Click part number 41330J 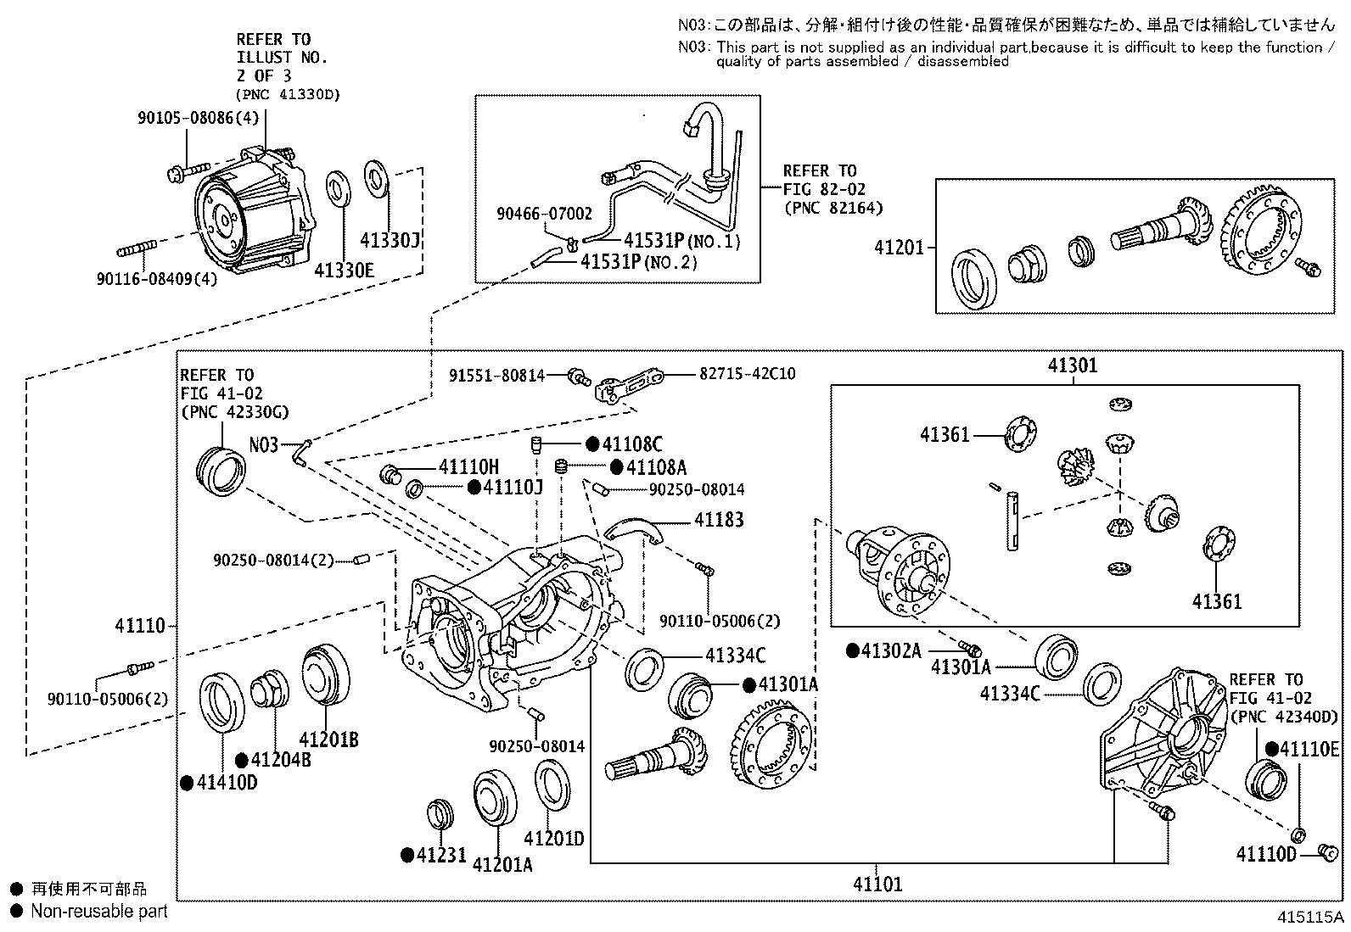[x=393, y=242]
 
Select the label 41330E [x=343, y=271]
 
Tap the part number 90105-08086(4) [x=198, y=119]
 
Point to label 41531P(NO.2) [x=638, y=263]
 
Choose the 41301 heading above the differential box [x=1072, y=366]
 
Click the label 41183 [x=719, y=520]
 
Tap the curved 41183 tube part [x=632, y=527]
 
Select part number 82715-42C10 [x=748, y=373]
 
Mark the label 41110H [x=468, y=466]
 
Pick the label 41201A [x=502, y=864]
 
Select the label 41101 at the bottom [x=877, y=885]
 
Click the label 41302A [x=891, y=650]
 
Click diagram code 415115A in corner [x=1312, y=918]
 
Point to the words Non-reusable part [x=99, y=912]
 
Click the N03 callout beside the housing [x=263, y=445]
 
